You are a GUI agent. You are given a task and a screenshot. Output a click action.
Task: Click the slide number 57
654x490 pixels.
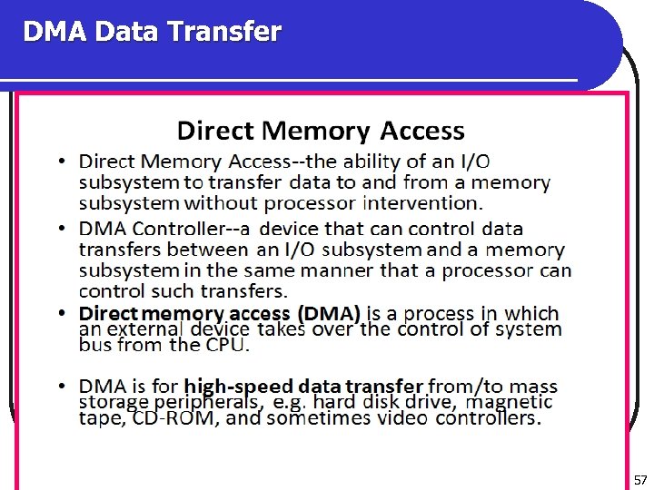639,478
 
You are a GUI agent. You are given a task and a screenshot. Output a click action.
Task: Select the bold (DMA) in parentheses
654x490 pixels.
328,313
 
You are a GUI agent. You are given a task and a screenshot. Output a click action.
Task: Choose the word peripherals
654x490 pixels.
206,402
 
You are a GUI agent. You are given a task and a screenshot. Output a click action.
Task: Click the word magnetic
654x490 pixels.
510,401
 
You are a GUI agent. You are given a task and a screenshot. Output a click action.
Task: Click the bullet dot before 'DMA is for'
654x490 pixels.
59,387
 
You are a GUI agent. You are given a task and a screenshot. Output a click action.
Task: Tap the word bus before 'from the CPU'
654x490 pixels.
94,345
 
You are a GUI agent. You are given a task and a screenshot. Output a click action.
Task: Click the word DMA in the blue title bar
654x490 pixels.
54,33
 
